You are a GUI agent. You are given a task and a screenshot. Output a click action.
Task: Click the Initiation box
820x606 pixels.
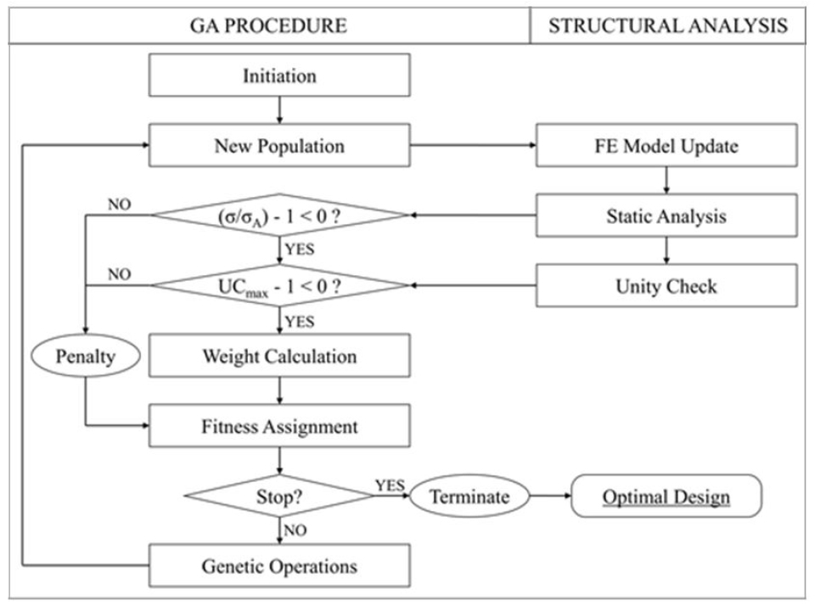279,76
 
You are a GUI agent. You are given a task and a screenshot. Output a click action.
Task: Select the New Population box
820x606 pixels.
279,146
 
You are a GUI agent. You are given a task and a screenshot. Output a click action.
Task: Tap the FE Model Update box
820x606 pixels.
666,146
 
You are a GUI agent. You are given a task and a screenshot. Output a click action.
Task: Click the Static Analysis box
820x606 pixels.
666,216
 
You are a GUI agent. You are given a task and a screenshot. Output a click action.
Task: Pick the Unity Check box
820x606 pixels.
666,286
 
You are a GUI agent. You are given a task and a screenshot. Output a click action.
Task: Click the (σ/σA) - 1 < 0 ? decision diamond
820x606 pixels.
279,216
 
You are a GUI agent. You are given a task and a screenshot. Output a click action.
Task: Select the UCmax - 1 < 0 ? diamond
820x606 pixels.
279,286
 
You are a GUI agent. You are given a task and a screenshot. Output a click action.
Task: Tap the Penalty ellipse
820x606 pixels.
86,356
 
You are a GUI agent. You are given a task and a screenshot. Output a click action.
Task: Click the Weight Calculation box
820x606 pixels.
279,356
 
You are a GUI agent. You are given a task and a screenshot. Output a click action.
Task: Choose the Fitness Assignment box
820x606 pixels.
279,426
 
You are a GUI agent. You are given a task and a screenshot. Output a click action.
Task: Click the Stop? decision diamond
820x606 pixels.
279,497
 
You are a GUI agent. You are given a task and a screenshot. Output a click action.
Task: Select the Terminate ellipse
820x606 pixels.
469,497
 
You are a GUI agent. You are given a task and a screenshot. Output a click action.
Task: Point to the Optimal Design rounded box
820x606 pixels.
666,497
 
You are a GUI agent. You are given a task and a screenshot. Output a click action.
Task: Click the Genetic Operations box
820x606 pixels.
279,565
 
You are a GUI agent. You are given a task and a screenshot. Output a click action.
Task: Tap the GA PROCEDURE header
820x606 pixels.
268,25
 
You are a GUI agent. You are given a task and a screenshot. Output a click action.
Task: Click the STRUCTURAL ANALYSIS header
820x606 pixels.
667,25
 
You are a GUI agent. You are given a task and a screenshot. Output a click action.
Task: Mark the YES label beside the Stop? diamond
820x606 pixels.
389,485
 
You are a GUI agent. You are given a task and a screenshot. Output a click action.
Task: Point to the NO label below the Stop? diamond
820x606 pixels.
295,530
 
